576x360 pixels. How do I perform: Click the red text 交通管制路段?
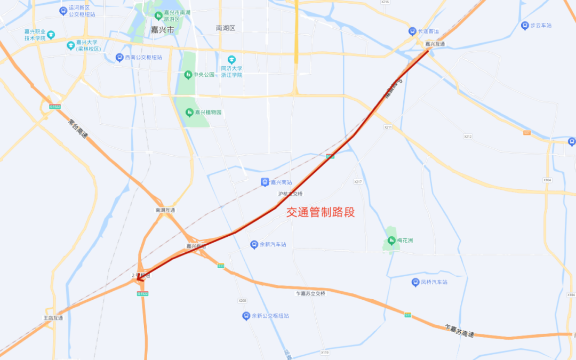point(321,212)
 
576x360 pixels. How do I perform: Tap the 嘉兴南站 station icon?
point(265,182)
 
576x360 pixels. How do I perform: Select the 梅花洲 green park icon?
point(391,241)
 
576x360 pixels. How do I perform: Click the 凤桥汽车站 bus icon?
point(415,282)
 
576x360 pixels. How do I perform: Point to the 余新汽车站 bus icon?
point(254,244)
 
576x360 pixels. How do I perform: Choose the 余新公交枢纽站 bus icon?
point(246,316)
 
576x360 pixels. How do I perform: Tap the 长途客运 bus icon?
point(412,31)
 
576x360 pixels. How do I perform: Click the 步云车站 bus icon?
point(525,26)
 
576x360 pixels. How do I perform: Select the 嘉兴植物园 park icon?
point(189,113)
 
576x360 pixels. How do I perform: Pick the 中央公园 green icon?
point(188,75)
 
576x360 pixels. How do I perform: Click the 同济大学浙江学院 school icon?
point(231,59)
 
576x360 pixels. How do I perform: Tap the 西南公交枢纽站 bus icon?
point(120,57)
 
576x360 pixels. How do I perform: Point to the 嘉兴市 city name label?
point(163,30)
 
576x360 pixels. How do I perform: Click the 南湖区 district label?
point(226,28)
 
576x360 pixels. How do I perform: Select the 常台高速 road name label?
point(77,131)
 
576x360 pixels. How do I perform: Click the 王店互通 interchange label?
point(53,318)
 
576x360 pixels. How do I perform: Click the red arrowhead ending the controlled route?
point(137,277)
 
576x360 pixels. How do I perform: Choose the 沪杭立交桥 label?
point(290,194)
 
